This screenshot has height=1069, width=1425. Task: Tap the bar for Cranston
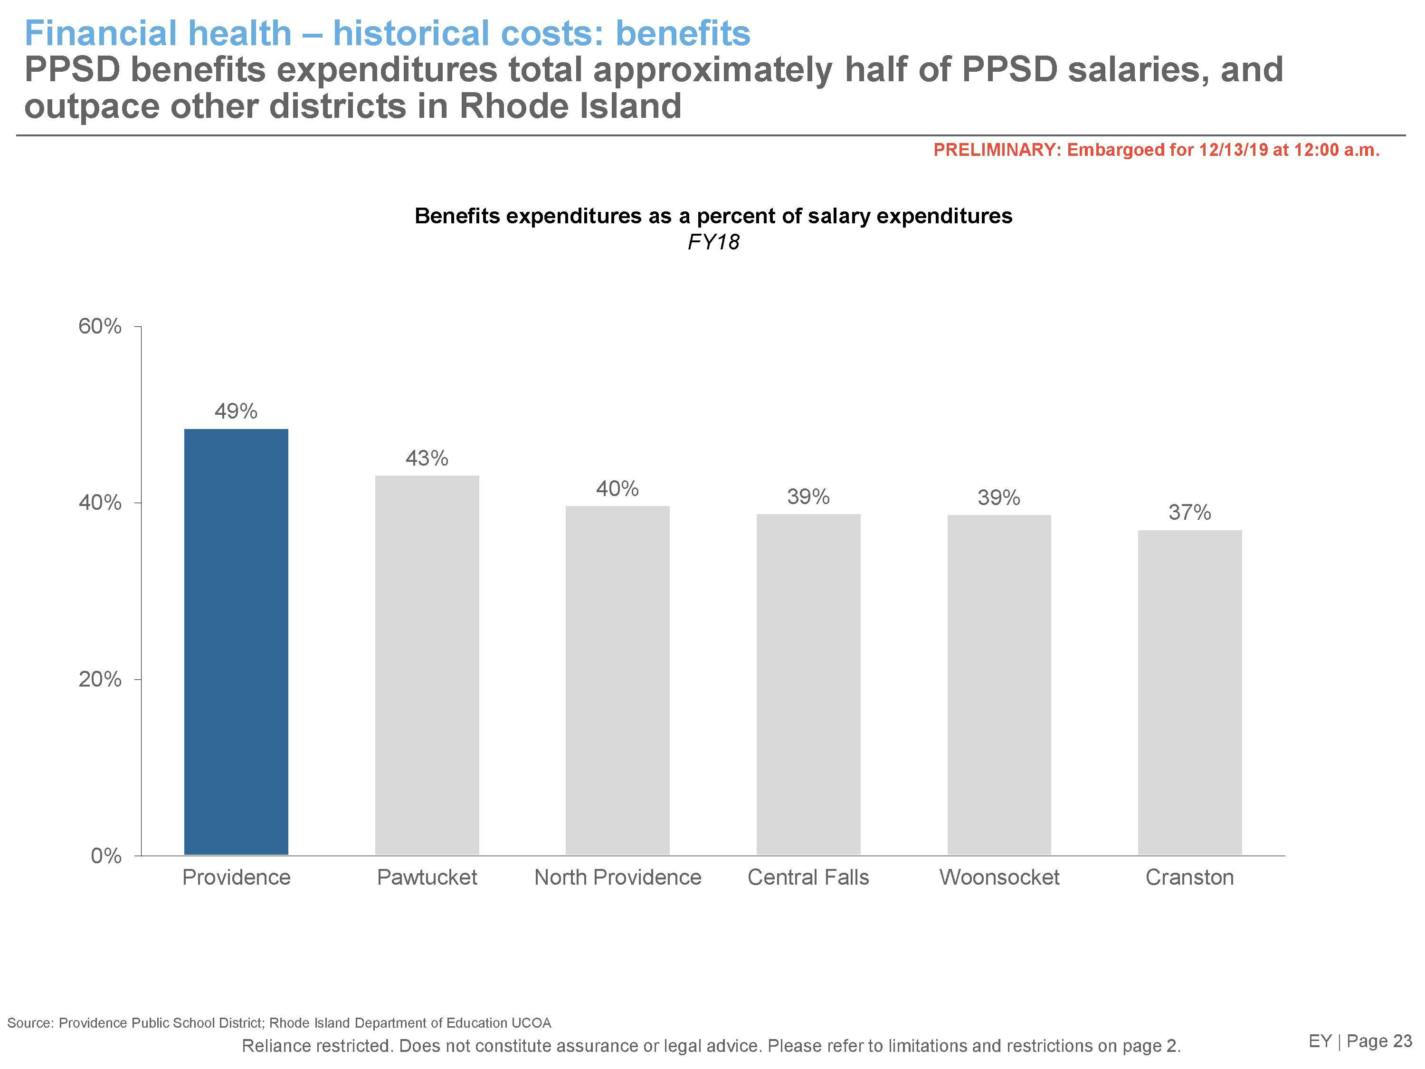point(1189,692)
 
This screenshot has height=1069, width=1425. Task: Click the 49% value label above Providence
point(236,411)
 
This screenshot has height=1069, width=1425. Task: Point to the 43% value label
point(427,458)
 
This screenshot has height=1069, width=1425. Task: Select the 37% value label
point(1189,512)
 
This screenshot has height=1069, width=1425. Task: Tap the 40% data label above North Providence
point(617,488)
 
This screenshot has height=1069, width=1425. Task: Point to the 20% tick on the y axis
point(100,679)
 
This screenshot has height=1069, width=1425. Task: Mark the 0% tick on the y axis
point(105,856)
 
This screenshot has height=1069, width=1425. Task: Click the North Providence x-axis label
point(617,877)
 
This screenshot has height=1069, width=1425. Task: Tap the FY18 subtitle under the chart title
point(713,242)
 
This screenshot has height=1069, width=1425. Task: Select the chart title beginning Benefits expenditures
point(713,216)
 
